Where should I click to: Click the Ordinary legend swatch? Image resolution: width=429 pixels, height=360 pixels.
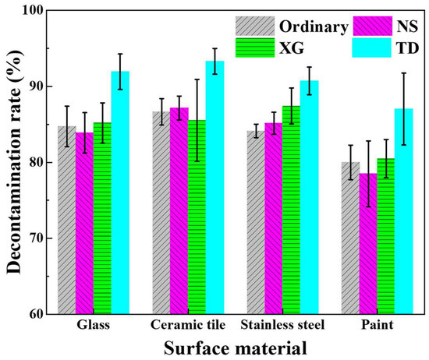(x=254, y=26)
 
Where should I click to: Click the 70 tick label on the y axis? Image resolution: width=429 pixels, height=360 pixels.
(x=36, y=239)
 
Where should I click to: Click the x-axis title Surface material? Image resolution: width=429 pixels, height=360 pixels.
(x=235, y=346)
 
